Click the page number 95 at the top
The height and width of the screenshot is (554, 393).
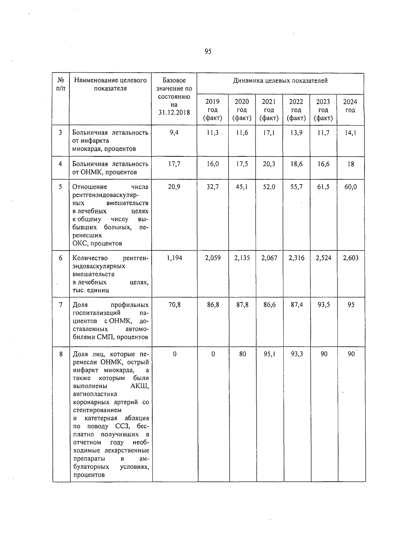208,51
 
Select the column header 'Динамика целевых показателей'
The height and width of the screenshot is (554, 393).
280,80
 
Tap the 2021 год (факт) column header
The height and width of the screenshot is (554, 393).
269,110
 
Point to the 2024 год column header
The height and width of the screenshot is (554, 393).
350,106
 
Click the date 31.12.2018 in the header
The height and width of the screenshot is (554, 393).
174,113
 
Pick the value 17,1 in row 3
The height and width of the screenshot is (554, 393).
269,133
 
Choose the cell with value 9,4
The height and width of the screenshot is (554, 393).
174,133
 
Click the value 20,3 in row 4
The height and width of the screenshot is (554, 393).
269,164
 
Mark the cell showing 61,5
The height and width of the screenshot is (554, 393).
323,187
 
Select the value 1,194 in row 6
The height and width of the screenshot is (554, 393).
174,258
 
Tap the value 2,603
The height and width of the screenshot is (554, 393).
350,258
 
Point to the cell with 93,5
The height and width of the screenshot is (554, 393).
324,305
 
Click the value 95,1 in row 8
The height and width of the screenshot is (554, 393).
269,354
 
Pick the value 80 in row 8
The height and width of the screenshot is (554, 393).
242,354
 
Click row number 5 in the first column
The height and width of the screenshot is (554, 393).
60,187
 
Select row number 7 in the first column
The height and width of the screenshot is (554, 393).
61,305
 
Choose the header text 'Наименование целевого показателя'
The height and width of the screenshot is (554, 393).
110,84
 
